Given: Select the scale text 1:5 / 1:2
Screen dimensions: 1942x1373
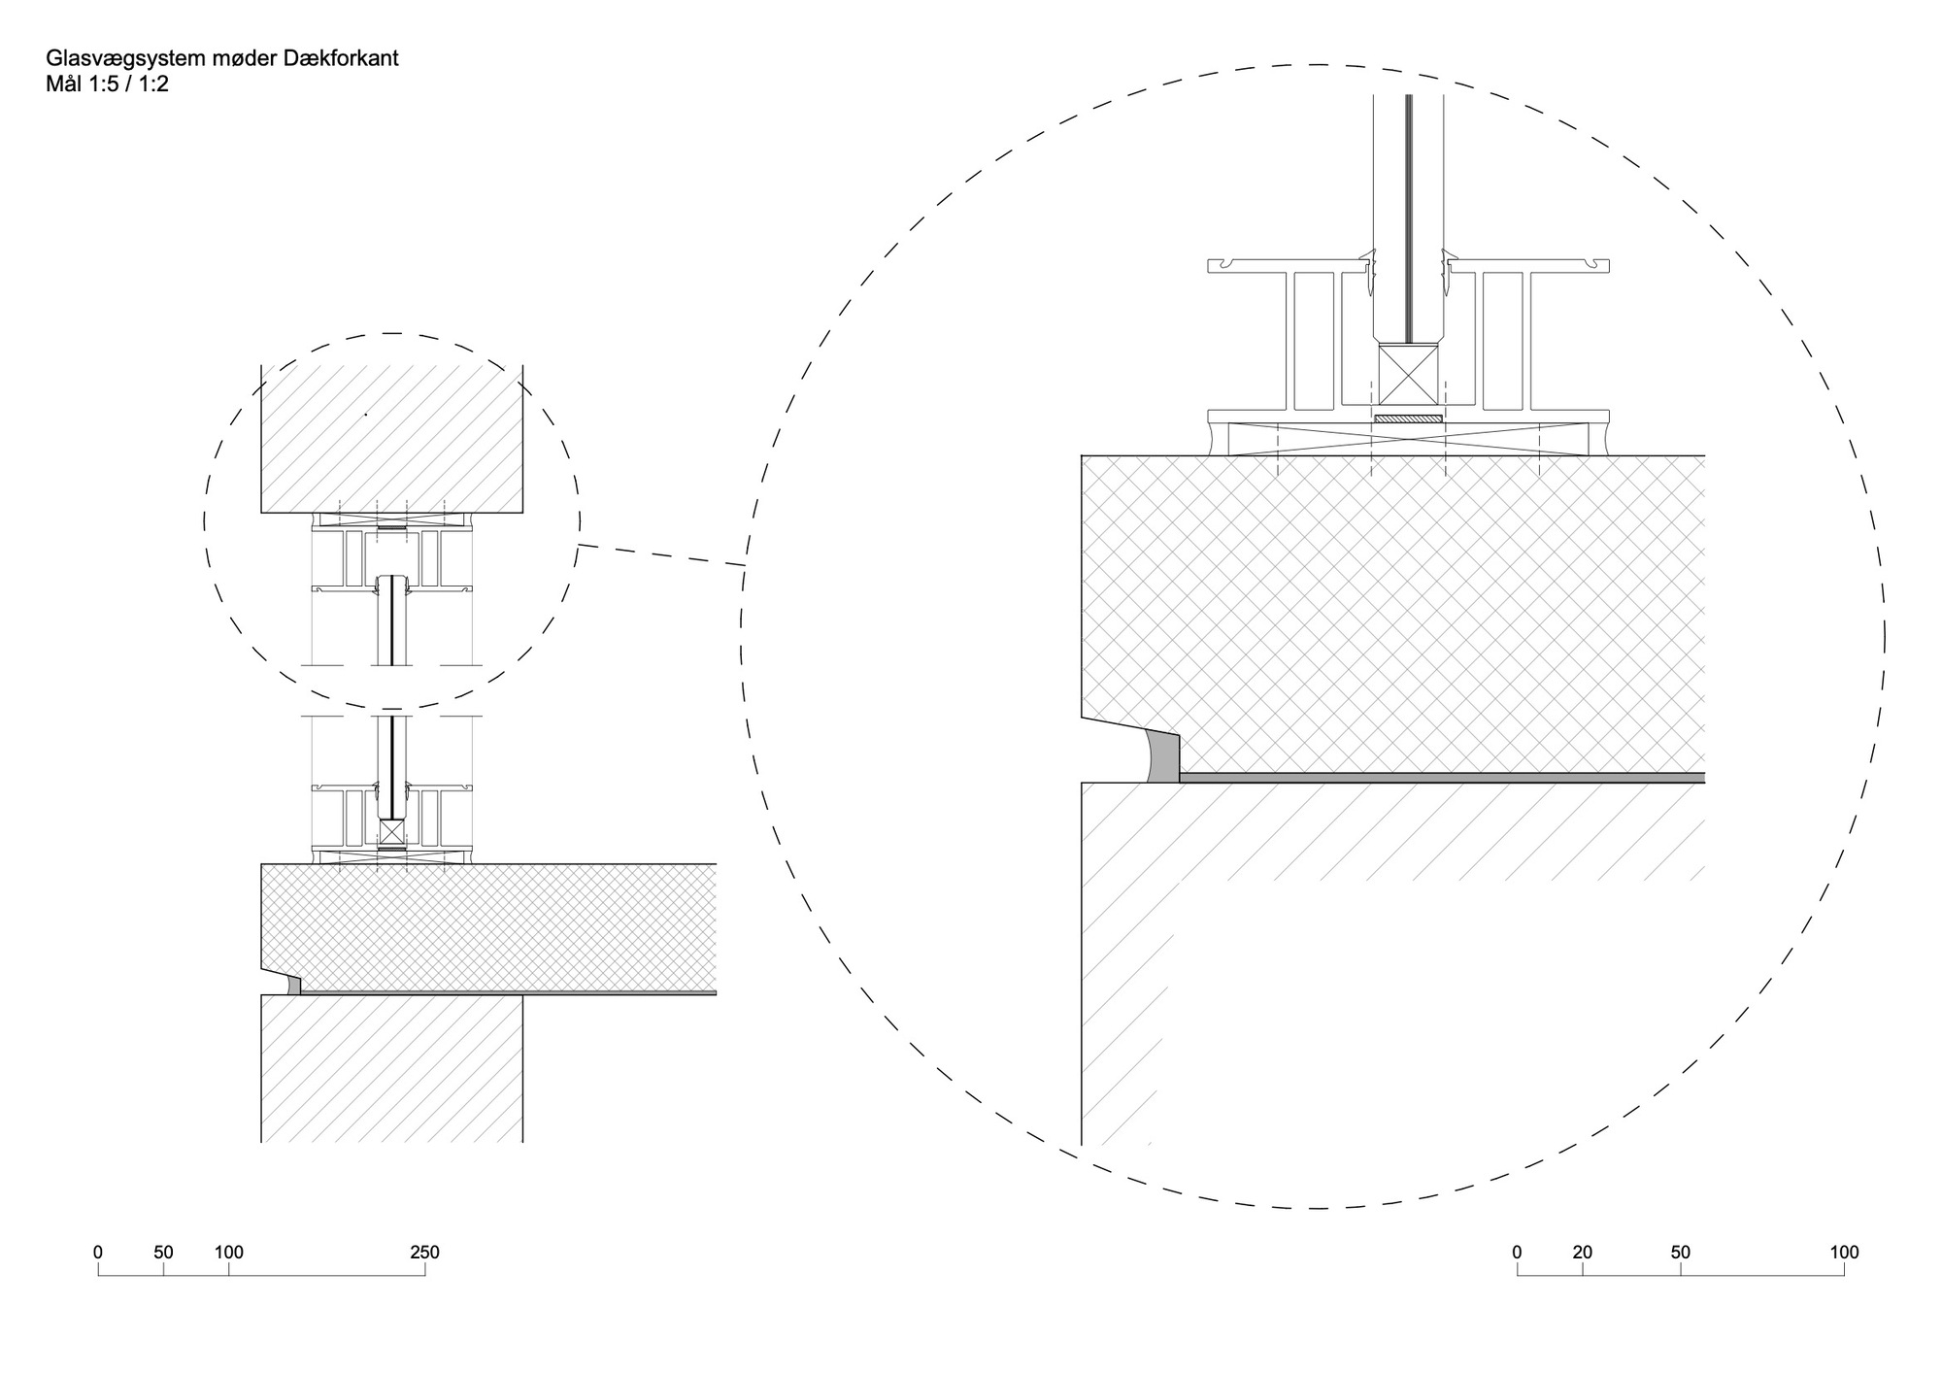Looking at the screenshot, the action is coord(125,84).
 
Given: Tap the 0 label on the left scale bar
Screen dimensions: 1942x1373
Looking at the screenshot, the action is coord(97,1253).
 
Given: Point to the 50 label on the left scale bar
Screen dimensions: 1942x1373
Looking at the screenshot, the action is coord(163,1253).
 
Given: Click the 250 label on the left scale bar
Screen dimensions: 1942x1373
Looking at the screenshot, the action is coord(424,1253).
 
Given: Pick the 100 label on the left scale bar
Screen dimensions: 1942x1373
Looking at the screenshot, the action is coord(229,1253).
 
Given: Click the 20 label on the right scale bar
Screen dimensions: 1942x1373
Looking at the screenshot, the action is coord(1583,1253).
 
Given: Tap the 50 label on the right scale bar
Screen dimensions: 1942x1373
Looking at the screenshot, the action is coord(1681,1253).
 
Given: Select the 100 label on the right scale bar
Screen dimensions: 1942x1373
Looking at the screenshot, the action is coord(1844,1253).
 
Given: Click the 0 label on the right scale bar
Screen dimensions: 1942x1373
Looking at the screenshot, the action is coord(1517,1253).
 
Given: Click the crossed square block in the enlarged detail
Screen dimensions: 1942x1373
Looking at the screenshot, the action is coord(1407,375).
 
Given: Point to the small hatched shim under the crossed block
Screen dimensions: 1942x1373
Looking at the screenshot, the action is coord(1408,419).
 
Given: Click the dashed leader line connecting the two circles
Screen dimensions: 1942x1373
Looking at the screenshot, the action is coord(662,554).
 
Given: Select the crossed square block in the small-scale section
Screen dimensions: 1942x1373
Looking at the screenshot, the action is coord(391,832).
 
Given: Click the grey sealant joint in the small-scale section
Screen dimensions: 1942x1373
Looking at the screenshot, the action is coord(295,986).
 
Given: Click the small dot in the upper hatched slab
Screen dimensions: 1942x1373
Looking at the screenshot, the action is coord(366,415).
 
